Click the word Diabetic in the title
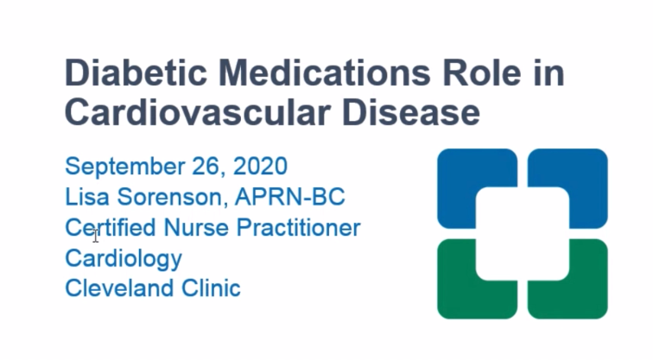click(x=136, y=73)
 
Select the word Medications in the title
click(x=325, y=73)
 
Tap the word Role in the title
click(x=481, y=73)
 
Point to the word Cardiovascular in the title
click(x=198, y=112)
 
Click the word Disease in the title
click(x=411, y=112)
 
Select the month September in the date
click(x=125, y=167)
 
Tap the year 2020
click(x=260, y=166)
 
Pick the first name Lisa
click(x=87, y=197)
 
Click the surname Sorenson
click(x=173, y=197)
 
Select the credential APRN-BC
click(x=290, y=197)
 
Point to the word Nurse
click(x=196, y=227)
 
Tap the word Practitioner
click(x=298, y=227)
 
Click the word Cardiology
click(x=124, y=259)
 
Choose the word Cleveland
click(x=119, y=288)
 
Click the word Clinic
click(x=211, y=288)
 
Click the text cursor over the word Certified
click(x=95, y=235)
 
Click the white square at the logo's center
click(x=523, y=234)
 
